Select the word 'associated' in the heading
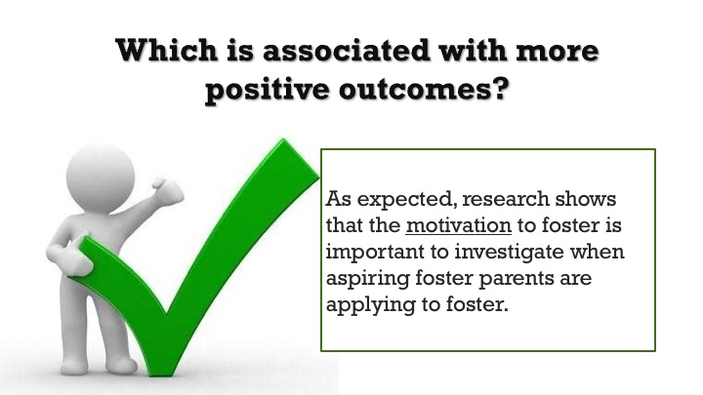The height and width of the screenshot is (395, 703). [x=346, y=50]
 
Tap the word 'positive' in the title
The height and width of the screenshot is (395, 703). [x=268, y=90]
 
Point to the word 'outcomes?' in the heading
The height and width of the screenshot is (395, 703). [x=424, y=89]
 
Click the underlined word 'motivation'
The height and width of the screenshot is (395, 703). [x=458, y=225]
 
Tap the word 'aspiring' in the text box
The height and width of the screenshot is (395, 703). [x=368, y=279]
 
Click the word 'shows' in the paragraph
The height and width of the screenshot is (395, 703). [x=585, y=198]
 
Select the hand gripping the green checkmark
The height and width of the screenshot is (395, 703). [x=70, y=257]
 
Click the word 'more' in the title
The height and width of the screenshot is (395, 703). [x=558, y=50]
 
